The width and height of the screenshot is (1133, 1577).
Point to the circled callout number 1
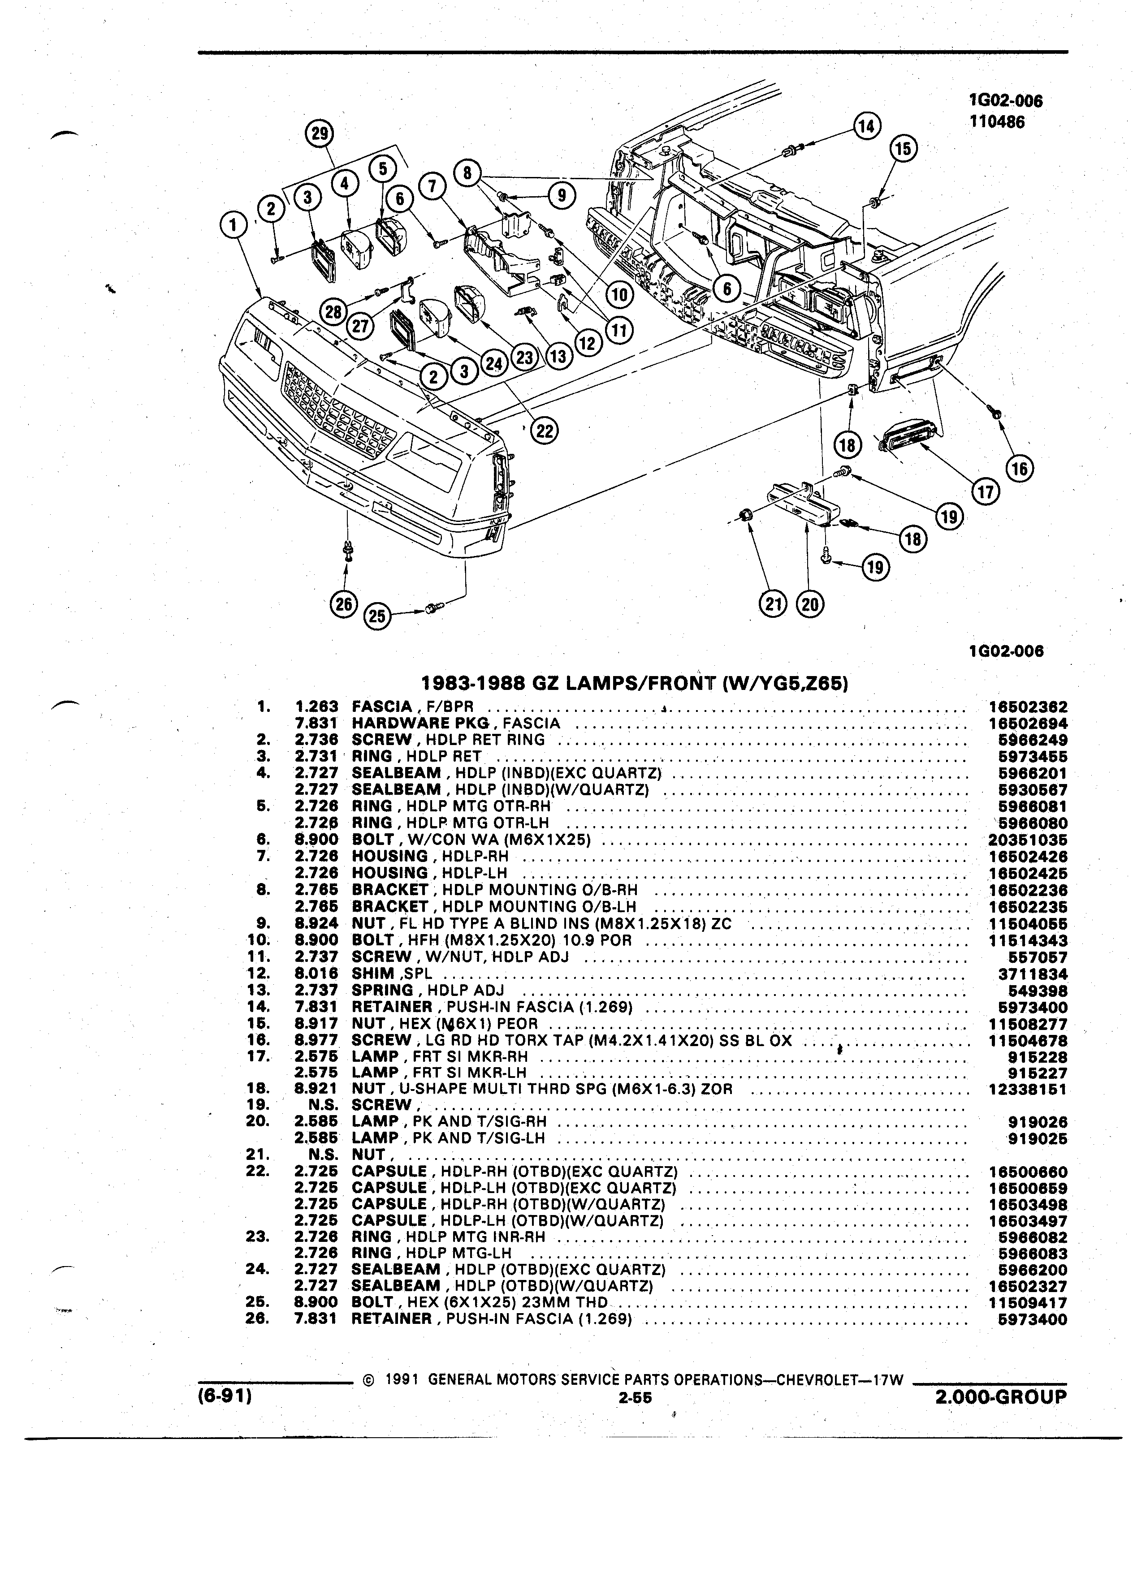click(233, 225)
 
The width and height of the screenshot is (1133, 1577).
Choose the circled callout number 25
click(376, 616)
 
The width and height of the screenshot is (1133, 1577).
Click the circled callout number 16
click(1020, 469)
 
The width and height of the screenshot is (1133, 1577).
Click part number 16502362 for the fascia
click(1027, 707)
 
